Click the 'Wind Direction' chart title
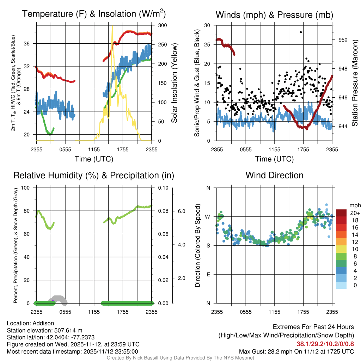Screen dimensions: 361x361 274,175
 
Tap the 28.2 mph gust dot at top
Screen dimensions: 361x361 301,32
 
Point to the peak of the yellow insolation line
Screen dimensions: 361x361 112,26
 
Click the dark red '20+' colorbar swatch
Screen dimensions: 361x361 342,213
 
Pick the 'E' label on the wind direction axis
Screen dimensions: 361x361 208,274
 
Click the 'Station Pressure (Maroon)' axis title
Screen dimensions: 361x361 355,83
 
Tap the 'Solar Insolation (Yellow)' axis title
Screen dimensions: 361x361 174,83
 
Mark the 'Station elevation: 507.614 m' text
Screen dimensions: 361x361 44,330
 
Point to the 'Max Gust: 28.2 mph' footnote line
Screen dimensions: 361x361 296,351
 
